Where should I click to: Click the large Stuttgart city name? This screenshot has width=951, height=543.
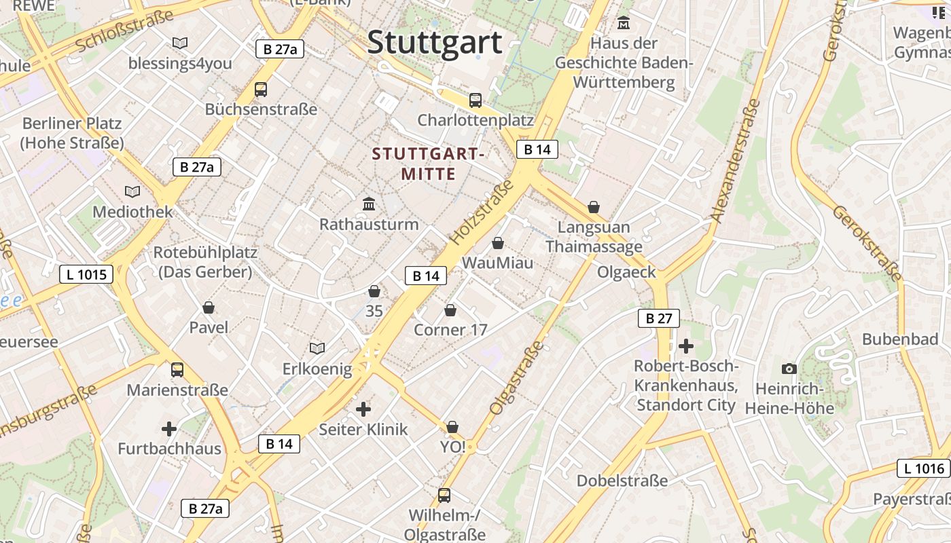pos(435,42)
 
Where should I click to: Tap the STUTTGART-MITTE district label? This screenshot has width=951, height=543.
pos(428,164)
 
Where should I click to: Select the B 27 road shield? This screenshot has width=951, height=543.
pos(658,318)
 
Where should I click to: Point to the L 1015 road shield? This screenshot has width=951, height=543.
pos(86,274)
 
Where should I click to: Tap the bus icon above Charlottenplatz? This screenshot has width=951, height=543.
pos(475,100)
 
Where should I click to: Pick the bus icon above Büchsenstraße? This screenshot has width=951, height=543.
pos(260,89)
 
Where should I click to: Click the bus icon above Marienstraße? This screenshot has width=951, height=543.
pos(177,370)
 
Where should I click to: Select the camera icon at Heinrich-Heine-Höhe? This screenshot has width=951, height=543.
pos(789,369)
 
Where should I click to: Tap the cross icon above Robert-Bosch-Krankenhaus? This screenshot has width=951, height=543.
pos(686,346)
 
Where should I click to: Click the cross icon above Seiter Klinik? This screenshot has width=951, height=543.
pos(363,409)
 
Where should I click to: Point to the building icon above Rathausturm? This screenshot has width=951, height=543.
pos(369,204)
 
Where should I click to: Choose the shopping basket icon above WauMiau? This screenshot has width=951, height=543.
pos(498,243)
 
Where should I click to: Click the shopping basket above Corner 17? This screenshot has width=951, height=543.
pos(450,310)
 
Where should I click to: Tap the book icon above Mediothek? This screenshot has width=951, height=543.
pos(132,191)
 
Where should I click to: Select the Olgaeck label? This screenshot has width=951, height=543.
pos(626,272)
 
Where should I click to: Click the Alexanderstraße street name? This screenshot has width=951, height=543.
pos(735,161)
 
